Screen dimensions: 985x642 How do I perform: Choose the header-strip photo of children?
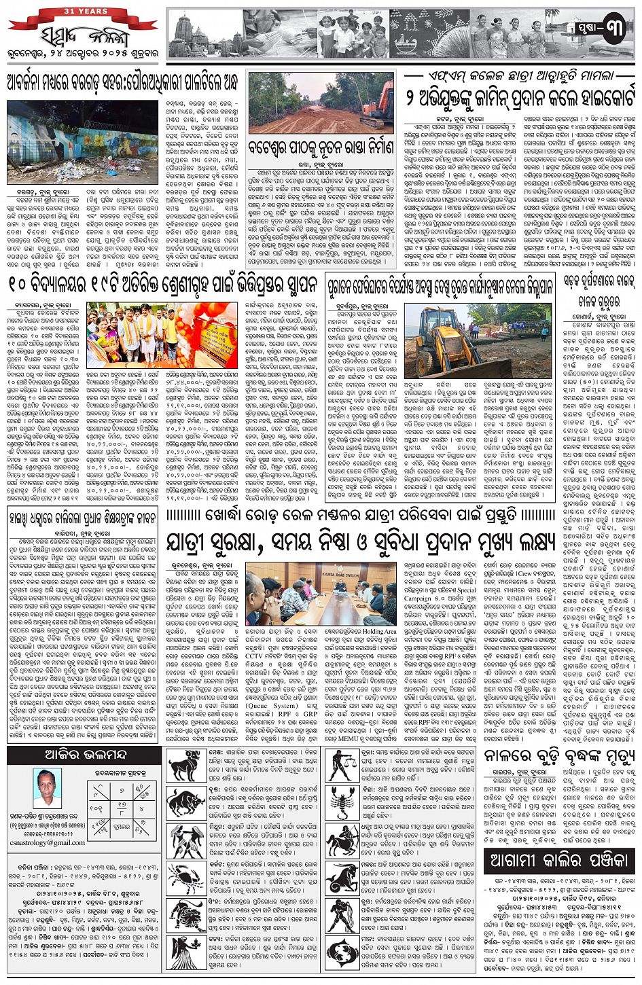click(x=353, y=35)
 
